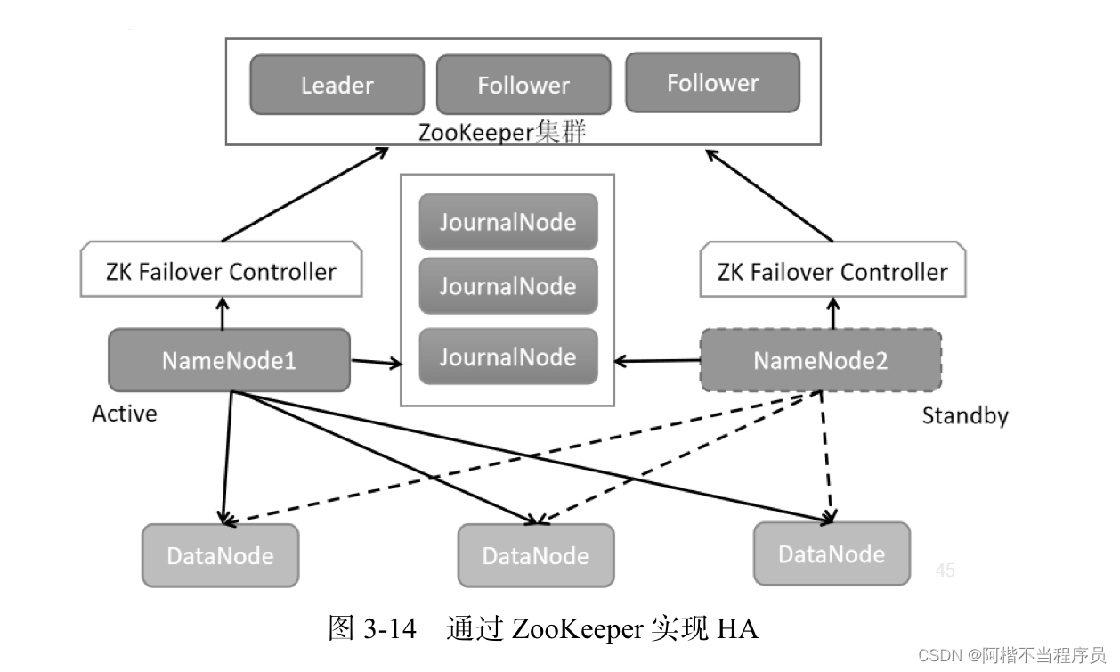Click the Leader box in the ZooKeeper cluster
click(337, 85)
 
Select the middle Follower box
click(523, 85)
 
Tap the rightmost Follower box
click(712, 83)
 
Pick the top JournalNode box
click(507, 221)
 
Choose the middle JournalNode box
click(507, 286)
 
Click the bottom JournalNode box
click(507, 356)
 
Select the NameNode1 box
click(229, 360)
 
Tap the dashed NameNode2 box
click(820, 360)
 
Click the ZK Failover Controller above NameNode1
click(222, 271)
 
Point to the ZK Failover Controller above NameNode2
click(832, 271)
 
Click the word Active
click(125, 414)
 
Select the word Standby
click(964, 415)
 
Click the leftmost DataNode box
click(220, 556)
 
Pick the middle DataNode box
click(535, 556)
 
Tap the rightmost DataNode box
click(831, 553)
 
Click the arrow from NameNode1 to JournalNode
click(375, 362)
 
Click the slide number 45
click(945, 570)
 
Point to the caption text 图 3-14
click(371, 629)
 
